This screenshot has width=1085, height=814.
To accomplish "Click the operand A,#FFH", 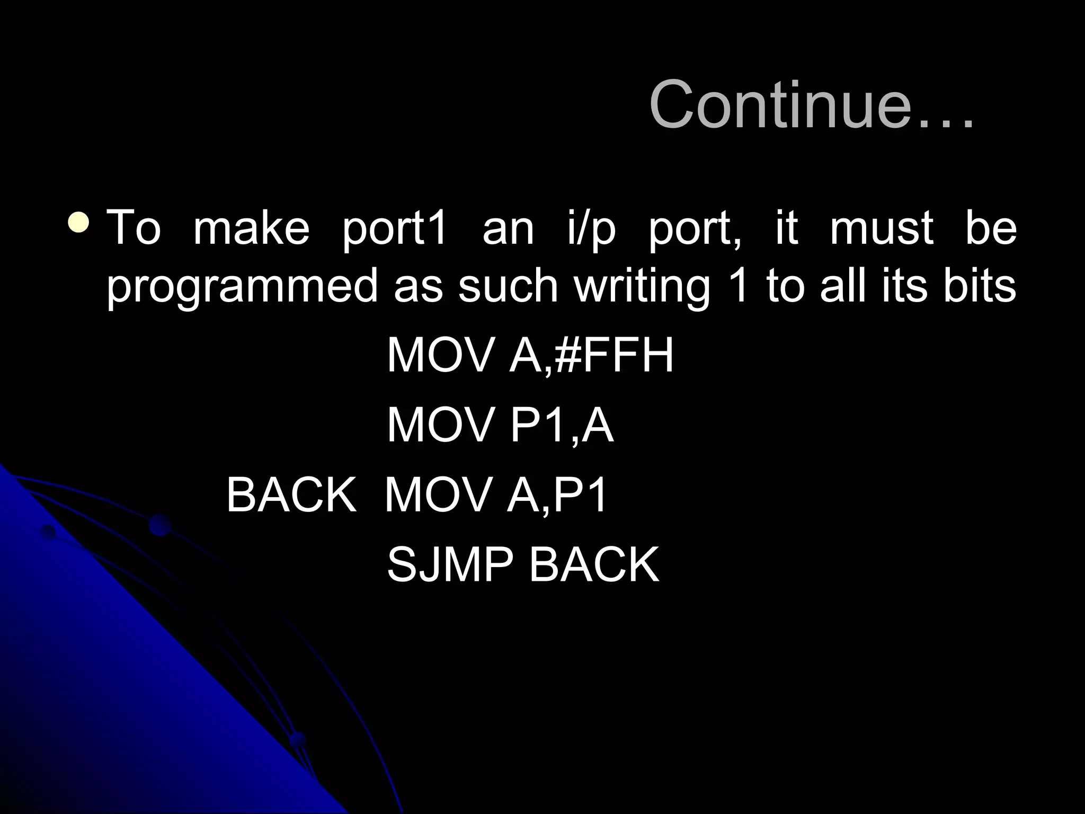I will pyautogui.click(x=591, y=356).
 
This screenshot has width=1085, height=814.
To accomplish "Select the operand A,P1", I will pyautogui.click(x=557, y=495).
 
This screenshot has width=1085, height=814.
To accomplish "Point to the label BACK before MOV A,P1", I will pyautogui.click(x=291, y=495).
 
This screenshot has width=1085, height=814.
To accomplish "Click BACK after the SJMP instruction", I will pyautogui.click(x=594, y=565).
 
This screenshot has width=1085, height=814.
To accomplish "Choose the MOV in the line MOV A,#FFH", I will pyautogui.click(x=440, y=356).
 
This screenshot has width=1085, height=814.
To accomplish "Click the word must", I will pyautogui.click(x=882, y=228).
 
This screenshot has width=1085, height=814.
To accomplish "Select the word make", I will pyautogui.click(x=251, y=228).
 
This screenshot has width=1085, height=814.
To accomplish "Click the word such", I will pyautogui.click(x=508, y=286).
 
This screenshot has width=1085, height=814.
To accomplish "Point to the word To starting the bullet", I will pyautogui.click(x=134, y=228).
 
